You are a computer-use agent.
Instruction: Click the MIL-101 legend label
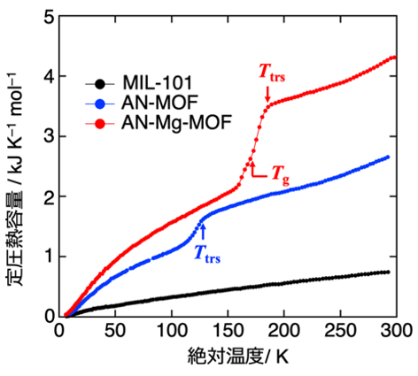[x=158, y=82]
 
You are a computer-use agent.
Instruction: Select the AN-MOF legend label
[x=159, y=103]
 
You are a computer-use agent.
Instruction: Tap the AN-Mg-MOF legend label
[x=176, y=122]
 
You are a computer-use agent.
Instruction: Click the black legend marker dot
[x=100, y=84]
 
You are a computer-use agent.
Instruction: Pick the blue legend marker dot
[x=100, y=104]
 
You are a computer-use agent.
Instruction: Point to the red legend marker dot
[x=100, y=124]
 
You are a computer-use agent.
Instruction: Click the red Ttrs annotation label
[x=272, y=73]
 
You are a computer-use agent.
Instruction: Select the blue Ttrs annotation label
[x=207, y=255]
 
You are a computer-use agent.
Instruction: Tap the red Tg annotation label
[x=281, y=174]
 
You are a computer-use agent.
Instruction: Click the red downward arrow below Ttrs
[x=267, y=94]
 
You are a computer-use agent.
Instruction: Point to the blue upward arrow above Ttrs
[x=203, y=232]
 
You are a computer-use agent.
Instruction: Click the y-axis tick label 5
[x=49, y=17]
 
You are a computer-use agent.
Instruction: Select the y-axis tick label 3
[x=49, y=137]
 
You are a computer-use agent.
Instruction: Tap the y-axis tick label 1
[x=49, y=257]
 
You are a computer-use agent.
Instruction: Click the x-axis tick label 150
[x=228, y=331]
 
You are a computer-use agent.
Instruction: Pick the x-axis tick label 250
[x=340, y=331]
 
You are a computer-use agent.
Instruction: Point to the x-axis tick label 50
[x=115, y=331]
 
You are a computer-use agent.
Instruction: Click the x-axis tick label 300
[x=396, y=331]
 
